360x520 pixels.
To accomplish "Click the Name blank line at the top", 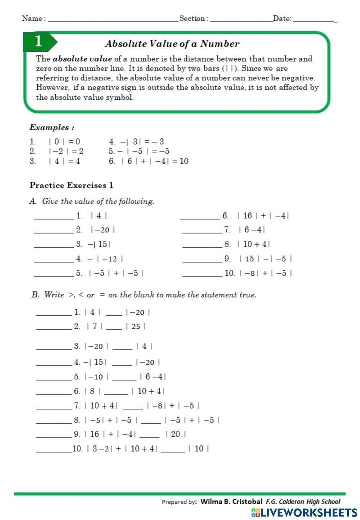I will point(113,20).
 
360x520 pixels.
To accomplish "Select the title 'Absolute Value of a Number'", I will point(172,44).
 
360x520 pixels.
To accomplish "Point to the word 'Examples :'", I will point(52,127).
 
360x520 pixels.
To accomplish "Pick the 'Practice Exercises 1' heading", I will point(71,185).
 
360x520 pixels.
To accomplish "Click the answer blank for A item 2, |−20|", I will point(54,232).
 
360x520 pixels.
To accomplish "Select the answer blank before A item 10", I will point(202,275).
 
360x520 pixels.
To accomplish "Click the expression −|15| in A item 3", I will point(99,244).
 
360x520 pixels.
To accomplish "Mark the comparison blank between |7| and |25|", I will point(114,328).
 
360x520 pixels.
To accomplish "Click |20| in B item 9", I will point(175,434).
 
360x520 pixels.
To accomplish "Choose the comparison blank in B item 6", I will point(116,393).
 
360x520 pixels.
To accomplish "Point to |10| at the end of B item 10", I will point(199,449).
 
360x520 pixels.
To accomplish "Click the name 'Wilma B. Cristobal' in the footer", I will point(231,501).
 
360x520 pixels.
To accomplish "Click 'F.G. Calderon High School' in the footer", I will point(303,501).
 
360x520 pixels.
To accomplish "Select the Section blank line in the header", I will point(241,20).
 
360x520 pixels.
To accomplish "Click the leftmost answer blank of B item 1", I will point(54,314).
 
